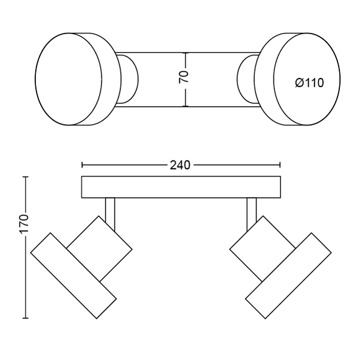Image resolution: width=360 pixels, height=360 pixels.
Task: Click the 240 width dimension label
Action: (x=180, y=165)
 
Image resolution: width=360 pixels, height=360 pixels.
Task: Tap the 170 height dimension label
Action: (x=24, y=224)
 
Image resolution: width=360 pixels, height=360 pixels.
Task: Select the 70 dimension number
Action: (x=184, y=77)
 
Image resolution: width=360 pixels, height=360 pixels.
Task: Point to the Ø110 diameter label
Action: (x=310, y=83)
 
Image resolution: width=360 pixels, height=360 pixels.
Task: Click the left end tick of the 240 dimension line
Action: (x=82, y=165)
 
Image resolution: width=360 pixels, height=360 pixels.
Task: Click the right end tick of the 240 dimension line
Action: (x=280, y=165)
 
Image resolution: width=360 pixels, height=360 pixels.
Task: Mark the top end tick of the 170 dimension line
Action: (x=26, y=177)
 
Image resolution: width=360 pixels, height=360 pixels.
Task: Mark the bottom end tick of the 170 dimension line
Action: (x=26, y=318)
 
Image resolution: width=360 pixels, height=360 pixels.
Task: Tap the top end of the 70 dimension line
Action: (x=186, y=53)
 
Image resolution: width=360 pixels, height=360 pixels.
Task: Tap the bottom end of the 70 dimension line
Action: (x=186, y=106)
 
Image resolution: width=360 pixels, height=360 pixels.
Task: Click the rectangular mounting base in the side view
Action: (x=181, y=187)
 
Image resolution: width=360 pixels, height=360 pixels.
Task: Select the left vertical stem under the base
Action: (x=110, y=213)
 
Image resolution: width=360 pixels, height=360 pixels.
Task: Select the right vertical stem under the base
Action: (x=252, y=213)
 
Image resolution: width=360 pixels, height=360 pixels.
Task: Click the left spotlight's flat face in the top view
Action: (x=69, y=79)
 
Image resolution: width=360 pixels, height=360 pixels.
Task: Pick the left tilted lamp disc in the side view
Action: (x=74, y=275)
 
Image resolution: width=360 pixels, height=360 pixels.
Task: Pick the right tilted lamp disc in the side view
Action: (x=288, y=275)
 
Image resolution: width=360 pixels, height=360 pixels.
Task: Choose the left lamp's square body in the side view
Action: (x=99, y=249)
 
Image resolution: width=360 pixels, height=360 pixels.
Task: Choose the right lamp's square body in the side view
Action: (x=263, y=249)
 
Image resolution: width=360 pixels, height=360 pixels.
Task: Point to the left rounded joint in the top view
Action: (x=128, y=80)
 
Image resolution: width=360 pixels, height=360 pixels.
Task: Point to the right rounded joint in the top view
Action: (x=247, y=80)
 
